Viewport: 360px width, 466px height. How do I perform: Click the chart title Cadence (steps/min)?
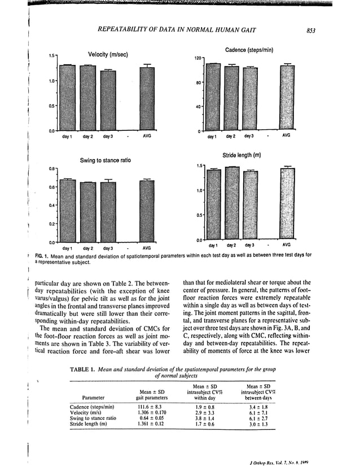pos(249,50)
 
